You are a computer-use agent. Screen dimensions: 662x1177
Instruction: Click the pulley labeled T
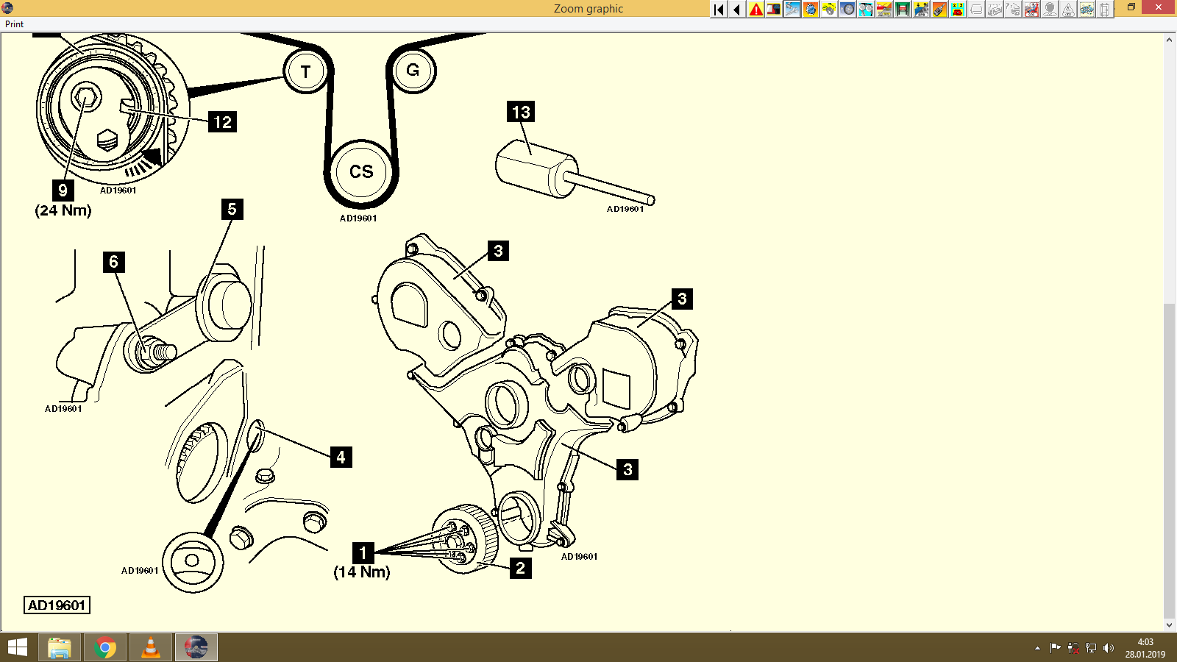coord(305,72)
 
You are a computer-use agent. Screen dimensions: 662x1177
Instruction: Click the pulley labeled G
coord(413,71)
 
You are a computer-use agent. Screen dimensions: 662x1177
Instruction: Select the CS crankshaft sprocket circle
coord(361,172)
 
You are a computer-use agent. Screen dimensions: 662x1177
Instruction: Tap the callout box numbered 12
coord(223,122)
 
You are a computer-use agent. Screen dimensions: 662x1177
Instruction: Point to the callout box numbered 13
coord(521,112)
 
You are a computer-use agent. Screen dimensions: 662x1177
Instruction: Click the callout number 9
coord(63,191)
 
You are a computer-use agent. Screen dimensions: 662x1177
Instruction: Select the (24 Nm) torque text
coord(63,210)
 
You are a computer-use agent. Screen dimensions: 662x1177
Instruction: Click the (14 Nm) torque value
coord(362,572)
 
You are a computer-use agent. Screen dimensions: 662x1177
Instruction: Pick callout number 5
coord(232,209)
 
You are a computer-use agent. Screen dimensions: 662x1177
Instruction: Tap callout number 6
coord(113,262)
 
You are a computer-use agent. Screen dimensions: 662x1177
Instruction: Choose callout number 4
coord(341,457)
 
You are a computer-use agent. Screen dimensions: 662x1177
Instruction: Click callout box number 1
coord(363,552)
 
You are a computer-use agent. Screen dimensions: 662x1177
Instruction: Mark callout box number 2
coord(520,568)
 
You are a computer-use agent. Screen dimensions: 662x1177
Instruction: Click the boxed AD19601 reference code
coord(57,605)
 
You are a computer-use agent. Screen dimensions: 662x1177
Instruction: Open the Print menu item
coord(14,24)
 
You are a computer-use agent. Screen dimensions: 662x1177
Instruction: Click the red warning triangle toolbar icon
coord(755,10)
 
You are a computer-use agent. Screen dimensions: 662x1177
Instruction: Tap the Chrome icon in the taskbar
coord(105,647)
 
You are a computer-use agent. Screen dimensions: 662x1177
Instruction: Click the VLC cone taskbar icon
coord(150,647)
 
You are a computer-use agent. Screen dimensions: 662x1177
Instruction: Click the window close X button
coord(1159,8)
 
